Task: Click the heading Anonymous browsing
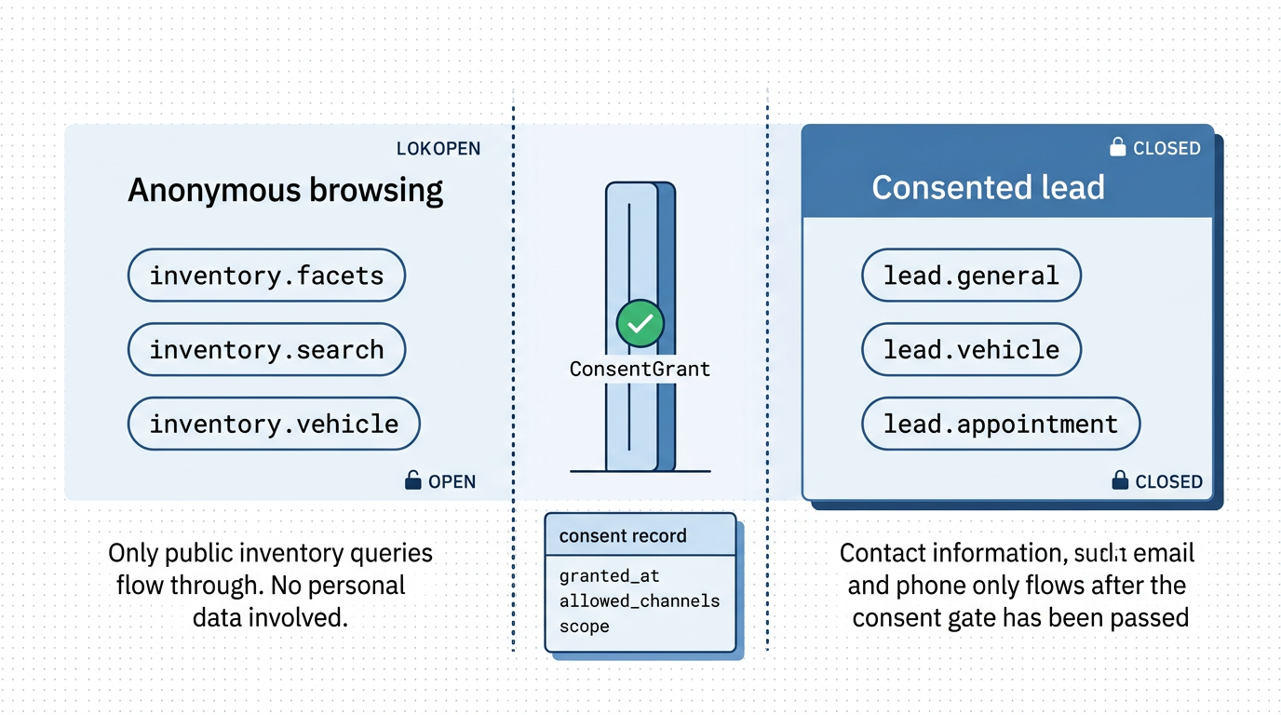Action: click(285, 190)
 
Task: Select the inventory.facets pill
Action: click(266, 276)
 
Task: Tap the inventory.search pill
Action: click(266, 350)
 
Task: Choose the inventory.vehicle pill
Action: click(274, 425)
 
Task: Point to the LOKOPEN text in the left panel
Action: click(438, 149)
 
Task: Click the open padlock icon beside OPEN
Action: click(412, 480)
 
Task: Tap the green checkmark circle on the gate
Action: click(640, 323)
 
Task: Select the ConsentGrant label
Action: click(640, 369)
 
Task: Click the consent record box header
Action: click(623, 536)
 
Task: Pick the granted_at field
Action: click(610, 576)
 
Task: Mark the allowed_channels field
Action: click(640, 601)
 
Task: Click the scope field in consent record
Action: click(585, 627)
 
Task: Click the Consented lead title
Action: click(988, 188)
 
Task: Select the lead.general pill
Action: click(971, 276)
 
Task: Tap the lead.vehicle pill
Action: click(971, 350)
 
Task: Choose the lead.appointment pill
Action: click(1000, 425)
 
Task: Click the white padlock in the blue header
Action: click(1117, 147)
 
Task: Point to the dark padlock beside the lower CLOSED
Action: click(1121, 480)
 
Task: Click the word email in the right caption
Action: click(1165, 553)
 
